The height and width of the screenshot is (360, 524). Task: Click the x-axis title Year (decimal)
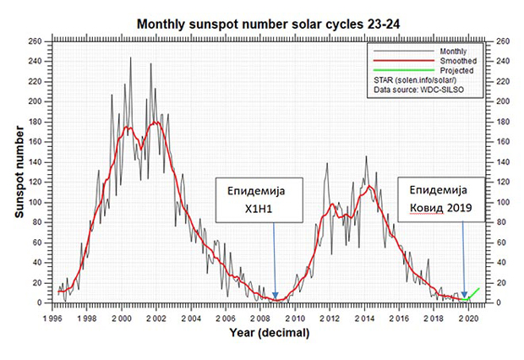coord(268,333)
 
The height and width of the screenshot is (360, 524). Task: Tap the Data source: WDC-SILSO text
coord(417,90)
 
